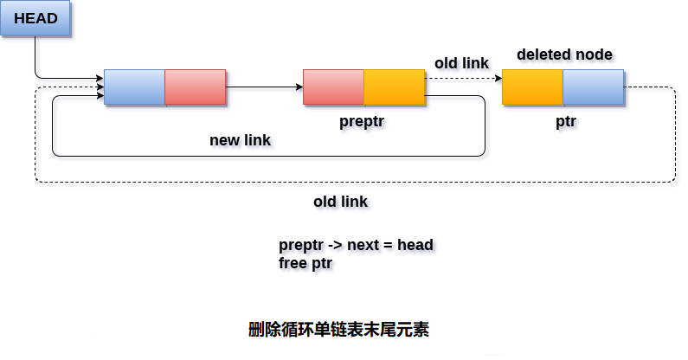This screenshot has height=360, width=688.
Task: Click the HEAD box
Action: coord(35,18)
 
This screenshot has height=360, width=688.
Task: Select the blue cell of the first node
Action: coord(135,87)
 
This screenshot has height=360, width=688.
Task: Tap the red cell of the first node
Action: coord(196,87)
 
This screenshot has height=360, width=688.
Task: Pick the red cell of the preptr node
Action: coord(334,87)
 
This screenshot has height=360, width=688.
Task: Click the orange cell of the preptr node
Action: coord(395,87)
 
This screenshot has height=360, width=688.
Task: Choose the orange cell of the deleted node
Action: coord(533,87)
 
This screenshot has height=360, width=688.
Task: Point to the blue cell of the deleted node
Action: coord(594,87)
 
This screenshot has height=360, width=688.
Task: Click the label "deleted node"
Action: coord(565,55)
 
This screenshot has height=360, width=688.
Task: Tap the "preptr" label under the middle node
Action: coord(362,122)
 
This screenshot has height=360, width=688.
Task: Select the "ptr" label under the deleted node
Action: coord(566,122)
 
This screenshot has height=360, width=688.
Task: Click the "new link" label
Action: coord(240,140)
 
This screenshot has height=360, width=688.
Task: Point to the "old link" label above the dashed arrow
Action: coord(461,63)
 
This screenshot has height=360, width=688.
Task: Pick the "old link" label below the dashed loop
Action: coord(340,202)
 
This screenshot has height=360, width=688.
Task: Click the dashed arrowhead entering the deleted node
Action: coord(498,79)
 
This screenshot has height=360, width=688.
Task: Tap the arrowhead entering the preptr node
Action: coord(299,87)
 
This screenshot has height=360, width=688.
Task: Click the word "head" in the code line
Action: coord(415,245)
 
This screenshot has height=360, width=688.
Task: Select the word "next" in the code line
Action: coord(363,245)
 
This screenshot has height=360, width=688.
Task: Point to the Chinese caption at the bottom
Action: coord(338,329)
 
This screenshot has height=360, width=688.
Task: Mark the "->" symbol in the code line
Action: coord(335,245)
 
